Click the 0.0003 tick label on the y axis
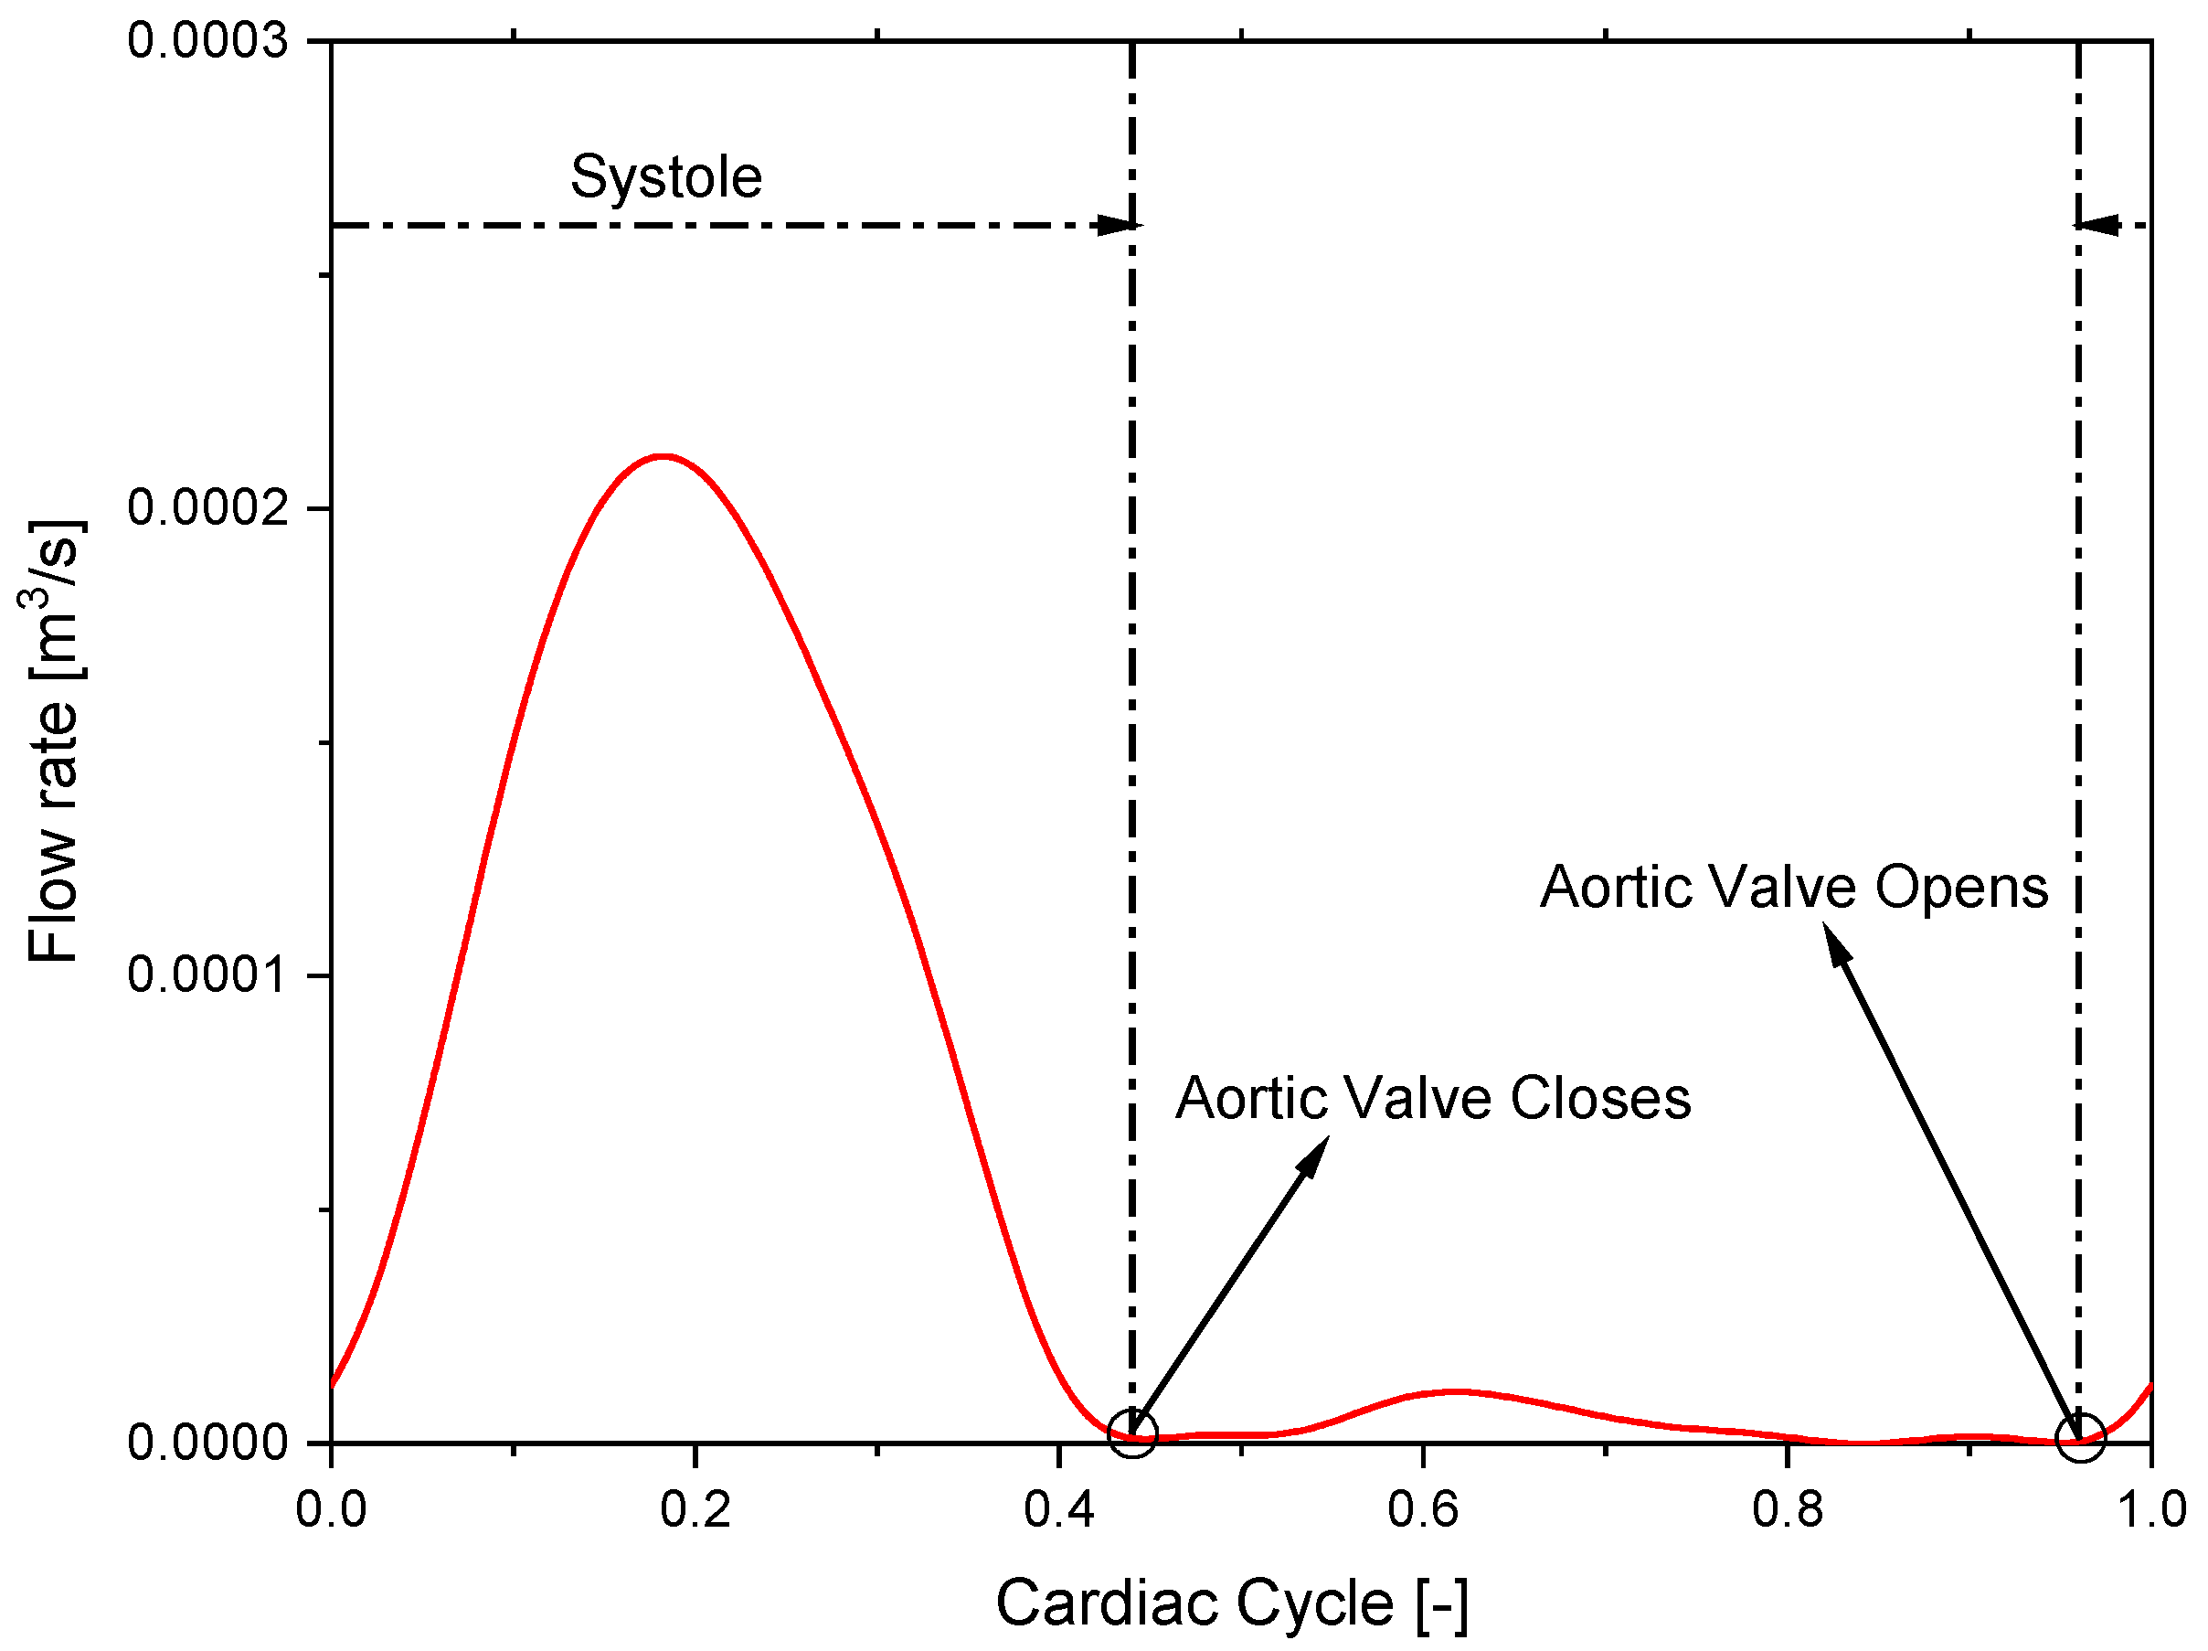[x=207, y=42]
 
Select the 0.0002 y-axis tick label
[x=207, y=507]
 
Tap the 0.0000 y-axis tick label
[x=207, y=1442]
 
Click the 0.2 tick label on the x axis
[x=695, y=1509]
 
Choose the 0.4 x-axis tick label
[x=1058, y=1509]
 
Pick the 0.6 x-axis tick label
[x=1422, y=1509]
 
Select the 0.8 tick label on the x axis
[x=1787, y=1509]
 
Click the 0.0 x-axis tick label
[x=332, y=1509]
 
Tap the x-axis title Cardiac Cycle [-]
[x=1232, y=1604]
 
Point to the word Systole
[x=666, y=177]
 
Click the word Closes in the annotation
[x=1600, y=1099]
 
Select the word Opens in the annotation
[x=1961, y=888]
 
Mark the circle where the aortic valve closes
[x=1132, y=1434]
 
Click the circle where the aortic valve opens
[x=2080, y=1437]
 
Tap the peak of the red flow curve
[x=662, y=456]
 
